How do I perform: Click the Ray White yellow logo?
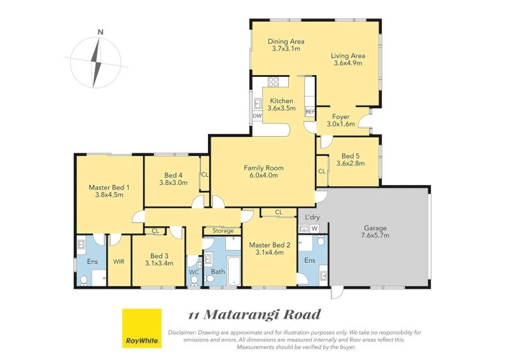[141, 329]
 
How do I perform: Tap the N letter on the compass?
[101, 32]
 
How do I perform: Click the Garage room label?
[375, 228]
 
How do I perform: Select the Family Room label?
[263, 168]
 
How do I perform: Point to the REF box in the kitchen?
[310, 112]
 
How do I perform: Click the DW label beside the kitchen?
[257, 116]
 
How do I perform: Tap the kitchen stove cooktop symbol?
[274, 81]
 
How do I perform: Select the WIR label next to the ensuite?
[118, 261]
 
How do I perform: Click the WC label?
[194, 272]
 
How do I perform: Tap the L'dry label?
[312, 218]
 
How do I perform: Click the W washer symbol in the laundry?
[314, 228]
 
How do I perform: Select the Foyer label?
[341, 116]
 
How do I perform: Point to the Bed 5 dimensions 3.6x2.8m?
[349, 163]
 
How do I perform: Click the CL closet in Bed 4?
[204, 174]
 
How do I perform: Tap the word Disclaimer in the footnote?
[183, 333]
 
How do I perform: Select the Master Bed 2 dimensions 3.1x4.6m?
[270, 253]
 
